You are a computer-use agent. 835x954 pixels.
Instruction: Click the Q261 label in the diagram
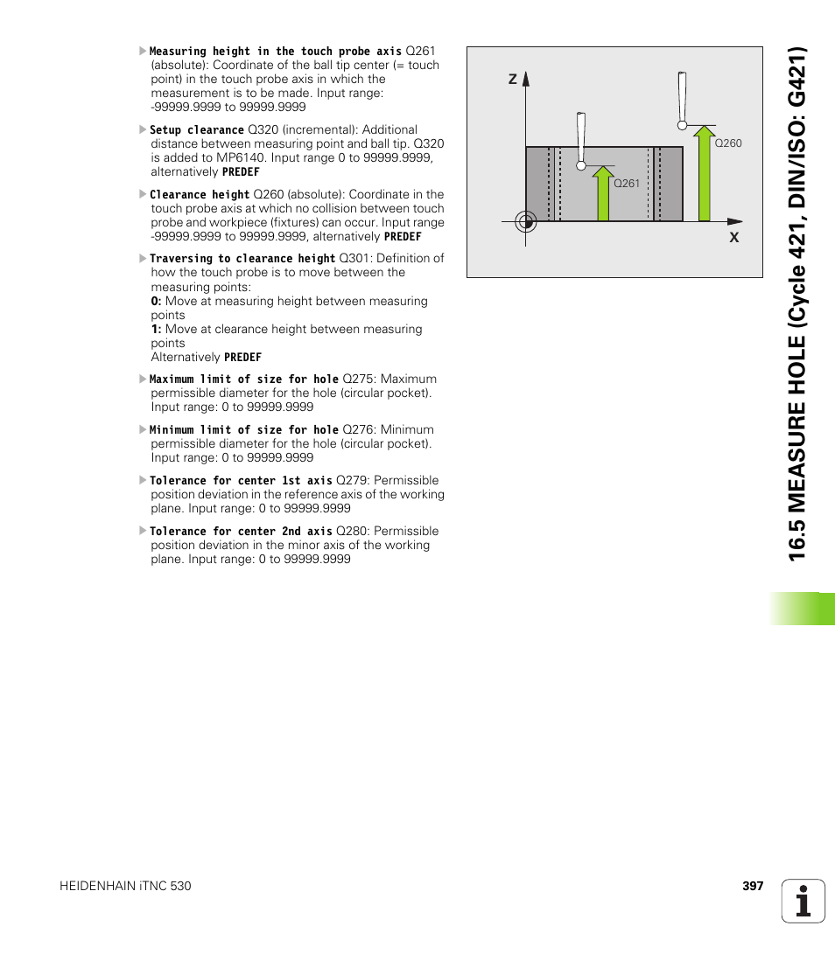click(x=627, y=184)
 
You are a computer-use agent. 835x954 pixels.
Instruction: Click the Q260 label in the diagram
click(x=727, y=143)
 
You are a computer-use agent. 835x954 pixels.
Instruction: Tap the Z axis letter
click(x=513, y=80)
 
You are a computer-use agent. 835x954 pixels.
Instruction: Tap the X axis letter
click(x=734, y=238)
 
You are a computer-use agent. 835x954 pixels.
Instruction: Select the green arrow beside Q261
click(x=602, y=193)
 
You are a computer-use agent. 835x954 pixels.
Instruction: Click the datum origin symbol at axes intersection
click(x=525, y=221)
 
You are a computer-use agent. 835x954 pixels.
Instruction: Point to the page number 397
click(x=753, y=886)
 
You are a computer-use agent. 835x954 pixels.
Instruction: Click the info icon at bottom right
click(x=803, y=901)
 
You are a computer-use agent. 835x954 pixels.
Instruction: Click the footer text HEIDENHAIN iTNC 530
click(x=125, y=886)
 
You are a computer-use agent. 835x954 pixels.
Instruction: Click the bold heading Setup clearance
click(x=197, y=129)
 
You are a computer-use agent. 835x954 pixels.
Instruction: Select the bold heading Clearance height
click(x=200, y=195)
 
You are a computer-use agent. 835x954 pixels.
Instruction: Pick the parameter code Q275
click(x=358, y=379)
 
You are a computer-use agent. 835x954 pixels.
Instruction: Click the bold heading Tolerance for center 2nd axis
click(x=241, y=531)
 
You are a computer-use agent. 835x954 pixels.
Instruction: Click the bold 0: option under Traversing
click(x=157, y=301)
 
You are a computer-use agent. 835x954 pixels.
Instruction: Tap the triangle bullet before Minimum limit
click(x=143, y=429)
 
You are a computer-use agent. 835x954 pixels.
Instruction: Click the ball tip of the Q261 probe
click(x=580, y=164)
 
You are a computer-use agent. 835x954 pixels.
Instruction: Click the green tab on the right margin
click(x=803, y=609)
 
